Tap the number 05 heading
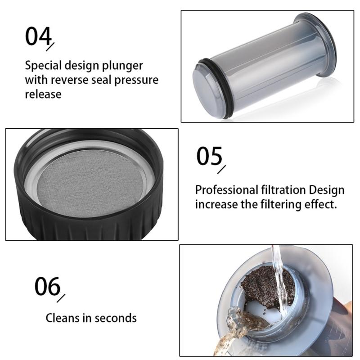(209, 156)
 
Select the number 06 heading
(47, 286)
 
